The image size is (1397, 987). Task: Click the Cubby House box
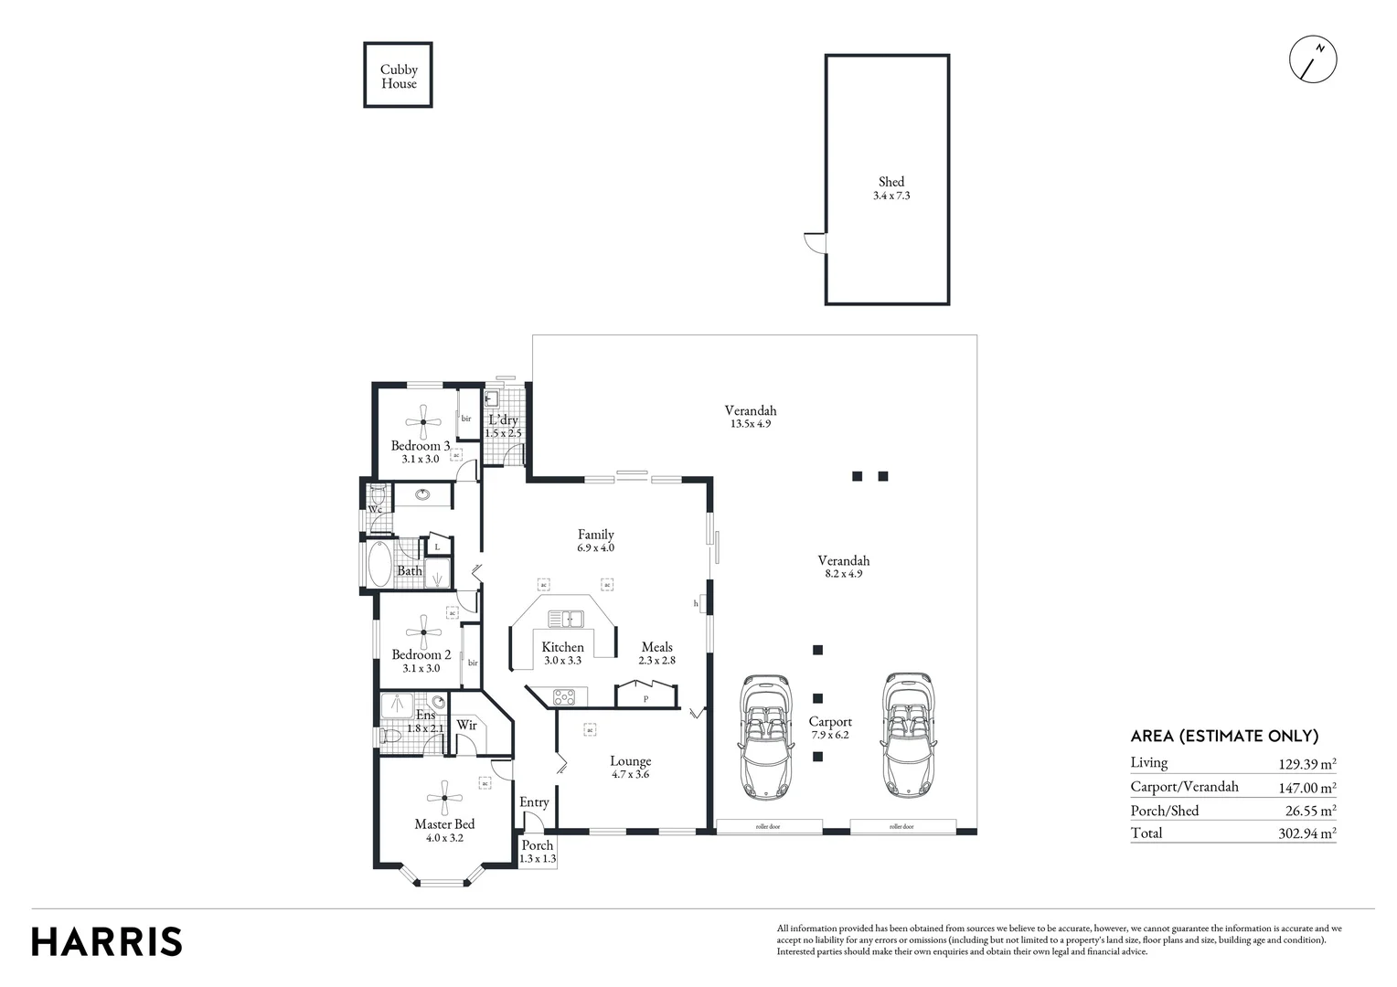point(398,75)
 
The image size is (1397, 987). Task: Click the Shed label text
point(890,182)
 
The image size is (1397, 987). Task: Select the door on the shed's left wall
point(814,243)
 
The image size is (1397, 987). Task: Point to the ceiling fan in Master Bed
point(444,798)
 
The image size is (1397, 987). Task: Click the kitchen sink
point(566,619)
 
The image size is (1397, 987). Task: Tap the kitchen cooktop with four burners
point(564,697)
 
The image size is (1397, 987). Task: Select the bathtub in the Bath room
point(379,565)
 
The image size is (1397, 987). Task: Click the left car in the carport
point(763,737)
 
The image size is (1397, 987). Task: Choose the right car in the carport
point(909,737)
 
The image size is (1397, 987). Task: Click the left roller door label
point(768,827)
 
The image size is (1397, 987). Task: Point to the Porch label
point(537,845)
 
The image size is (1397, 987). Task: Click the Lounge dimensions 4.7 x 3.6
point(630,775)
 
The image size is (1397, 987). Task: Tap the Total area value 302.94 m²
point(1306,833)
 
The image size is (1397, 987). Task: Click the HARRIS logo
point(107,941)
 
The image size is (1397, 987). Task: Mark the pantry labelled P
point(645,699)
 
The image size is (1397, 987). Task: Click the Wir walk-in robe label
point(466,726)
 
